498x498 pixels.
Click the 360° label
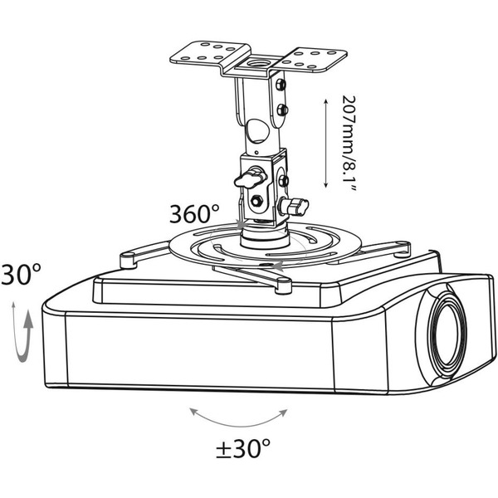pyautogui.click(x=194, y=214)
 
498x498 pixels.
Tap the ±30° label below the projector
pyautogui.click(x=243, y=448)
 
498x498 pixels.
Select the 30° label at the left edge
pyautogui.click(x=21, y=274)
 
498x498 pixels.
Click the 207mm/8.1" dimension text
pyautogui.click(x=349, y=143)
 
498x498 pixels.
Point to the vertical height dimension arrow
pyautogui.click(x=325, y=143)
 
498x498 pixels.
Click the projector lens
pyautogui.click(x=447, y=334)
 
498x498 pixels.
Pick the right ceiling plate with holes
pyautogui.click(x=313, y=60)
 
